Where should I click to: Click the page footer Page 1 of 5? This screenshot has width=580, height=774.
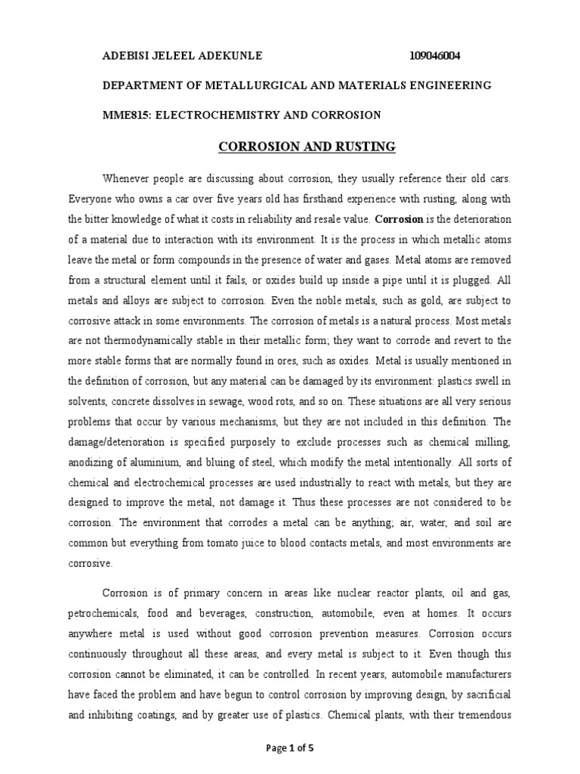291,748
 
